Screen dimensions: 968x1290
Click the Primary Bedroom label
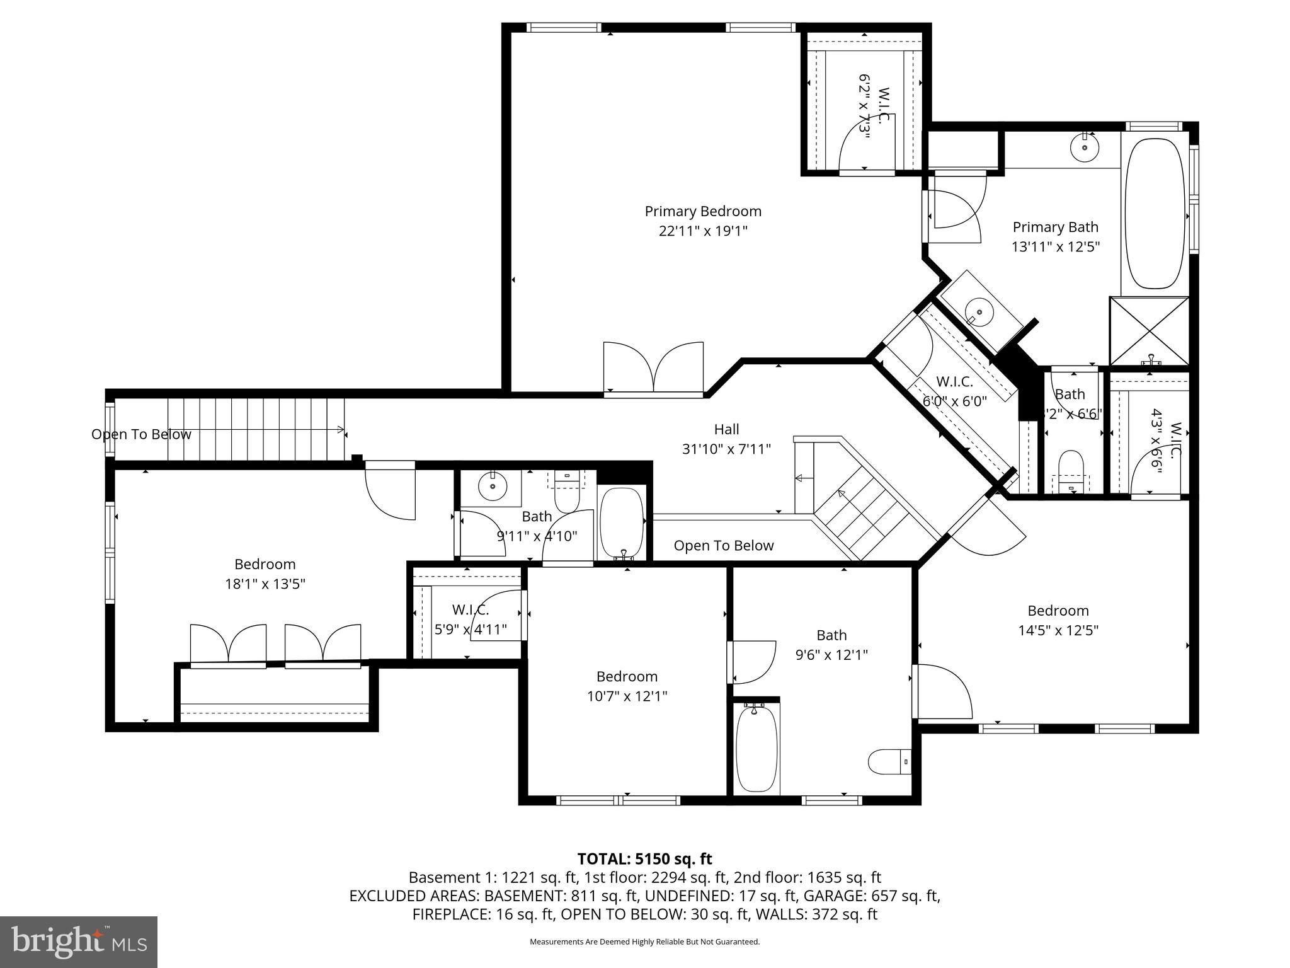[703, 211]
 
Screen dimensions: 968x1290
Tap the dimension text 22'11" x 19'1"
[703, 231]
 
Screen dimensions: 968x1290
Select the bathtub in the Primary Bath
[1155, 214]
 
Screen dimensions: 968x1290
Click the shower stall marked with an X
[1149, 331]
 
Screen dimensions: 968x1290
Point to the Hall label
[726, 429]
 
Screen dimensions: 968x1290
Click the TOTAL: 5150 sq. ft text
[644, 858]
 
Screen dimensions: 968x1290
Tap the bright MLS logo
[79, 942]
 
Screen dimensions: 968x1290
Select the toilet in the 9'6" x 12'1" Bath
[889, 763]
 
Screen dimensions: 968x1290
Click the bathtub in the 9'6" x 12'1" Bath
[756, 749]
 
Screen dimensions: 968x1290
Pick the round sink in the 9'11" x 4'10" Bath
[491, 486]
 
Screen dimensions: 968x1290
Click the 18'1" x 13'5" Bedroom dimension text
[265, 584]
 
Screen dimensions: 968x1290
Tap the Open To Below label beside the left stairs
[141, 434]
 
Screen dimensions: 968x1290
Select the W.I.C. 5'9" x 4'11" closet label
[471, 610]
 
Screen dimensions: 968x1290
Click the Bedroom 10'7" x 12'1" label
[627, 676]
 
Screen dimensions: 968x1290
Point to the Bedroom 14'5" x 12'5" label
[1058, 611]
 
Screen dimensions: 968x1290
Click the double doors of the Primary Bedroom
[653, 369]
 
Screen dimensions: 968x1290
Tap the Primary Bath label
[1055, 227]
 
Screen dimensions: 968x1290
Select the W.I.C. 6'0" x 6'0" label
[954, 382]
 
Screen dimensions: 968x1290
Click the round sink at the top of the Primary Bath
[1085, 147]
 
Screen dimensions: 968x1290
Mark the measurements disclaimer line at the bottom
[644, 942]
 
